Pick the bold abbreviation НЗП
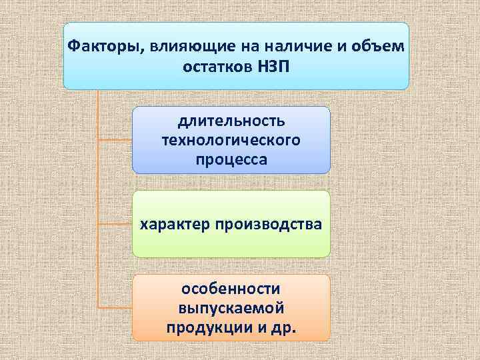(273, 67)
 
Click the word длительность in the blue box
(231, 123)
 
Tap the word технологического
(231, 141)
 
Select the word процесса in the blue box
(231, 160)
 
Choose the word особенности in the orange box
(231, 289)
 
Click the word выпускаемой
(231, 309)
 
